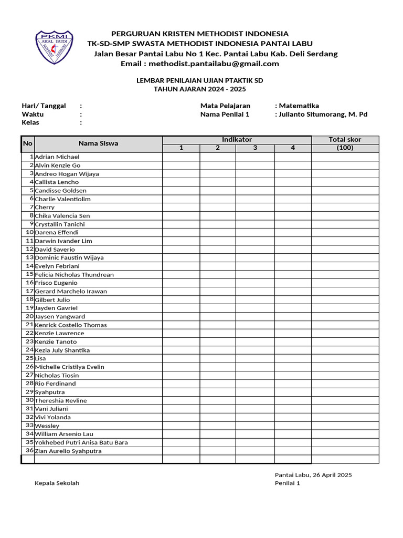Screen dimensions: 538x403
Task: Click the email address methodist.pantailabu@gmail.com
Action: click(x=214, y=64)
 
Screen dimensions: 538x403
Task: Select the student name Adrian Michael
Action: click(x=57, y=157)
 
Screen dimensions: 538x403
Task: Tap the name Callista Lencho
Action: click(x=57, y=182)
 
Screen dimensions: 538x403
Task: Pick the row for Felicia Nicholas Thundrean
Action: click(x=74, y=275)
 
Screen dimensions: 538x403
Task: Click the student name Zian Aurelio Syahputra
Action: click(x=68, y=451)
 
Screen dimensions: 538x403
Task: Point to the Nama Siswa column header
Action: click(x=98, y=143)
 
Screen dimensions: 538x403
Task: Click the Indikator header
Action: click(x=237, y=140)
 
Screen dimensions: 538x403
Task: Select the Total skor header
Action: click(x=345, y=140)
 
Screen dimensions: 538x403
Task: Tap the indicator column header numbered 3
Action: click(x=255, y=148)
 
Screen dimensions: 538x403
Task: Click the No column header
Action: click(x=28, y=143)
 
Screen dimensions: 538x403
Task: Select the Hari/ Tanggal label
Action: click(x=44, y=106)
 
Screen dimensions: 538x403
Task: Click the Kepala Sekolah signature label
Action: click(x=57, y=483)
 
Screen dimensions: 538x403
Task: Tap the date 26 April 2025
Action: click(x=332, y=475)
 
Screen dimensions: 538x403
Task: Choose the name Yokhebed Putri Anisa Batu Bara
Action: click(x=81, y=443)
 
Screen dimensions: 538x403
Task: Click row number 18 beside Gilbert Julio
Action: click(x=30, y=299)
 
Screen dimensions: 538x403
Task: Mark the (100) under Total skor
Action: click(x=345, y=148)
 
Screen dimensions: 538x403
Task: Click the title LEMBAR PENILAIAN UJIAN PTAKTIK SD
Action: click(x=199, y=81)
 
